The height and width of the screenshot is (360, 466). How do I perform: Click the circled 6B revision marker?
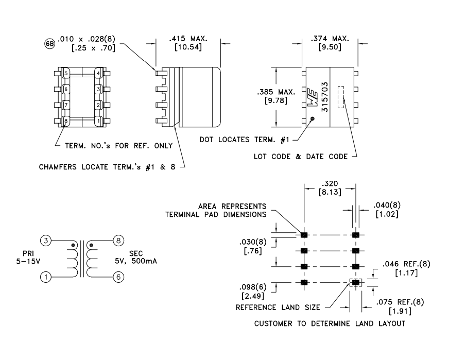pyautogui.click(x=50, y=44)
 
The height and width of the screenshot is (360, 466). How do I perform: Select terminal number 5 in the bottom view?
pyautogui.click(x=66, y=73)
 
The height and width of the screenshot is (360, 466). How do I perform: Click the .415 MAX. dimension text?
pyautogui.click(x=188, y=39)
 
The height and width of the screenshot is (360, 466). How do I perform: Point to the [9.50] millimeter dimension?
pyautogui.click(x=330, y=47)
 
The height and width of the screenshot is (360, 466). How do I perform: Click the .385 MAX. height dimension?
pyautogui.click(x=277, y=92)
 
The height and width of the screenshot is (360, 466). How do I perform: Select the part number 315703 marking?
pyautogui.click(x=325, y=97)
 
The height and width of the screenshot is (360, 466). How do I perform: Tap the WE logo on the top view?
pyautogui.click(x=313, y=97)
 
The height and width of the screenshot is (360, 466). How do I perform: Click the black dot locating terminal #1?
pyautogui.click(x=312, y=119)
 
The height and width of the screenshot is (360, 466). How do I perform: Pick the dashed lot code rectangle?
pyautogui.click(x=340, y=97)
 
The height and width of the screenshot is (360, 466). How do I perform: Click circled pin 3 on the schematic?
pyautogui.click(x=46, y=241)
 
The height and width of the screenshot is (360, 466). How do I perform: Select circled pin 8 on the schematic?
pyautogui.click(x=118, y=241)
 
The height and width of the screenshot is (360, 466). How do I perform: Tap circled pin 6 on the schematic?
pyautogui.click(x=118, y=277)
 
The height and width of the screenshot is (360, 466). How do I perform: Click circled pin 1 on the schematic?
pyautogui.click(x=46, y=277)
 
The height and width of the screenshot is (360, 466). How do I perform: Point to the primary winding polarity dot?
pyautogui.click(x=73, y=245)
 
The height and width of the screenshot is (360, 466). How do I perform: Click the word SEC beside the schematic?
pyautogui.click(x=136, y=253)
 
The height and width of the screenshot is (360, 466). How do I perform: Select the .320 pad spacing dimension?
pyautogui.click(x=330, y=183)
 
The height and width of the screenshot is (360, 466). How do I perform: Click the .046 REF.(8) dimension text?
pyautogui.click(x=406, y=264)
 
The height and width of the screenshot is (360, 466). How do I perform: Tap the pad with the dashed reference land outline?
pyautogui.click(x=356, y=282)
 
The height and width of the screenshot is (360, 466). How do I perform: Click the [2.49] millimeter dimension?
pyautogui.click(x=253, y=296)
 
